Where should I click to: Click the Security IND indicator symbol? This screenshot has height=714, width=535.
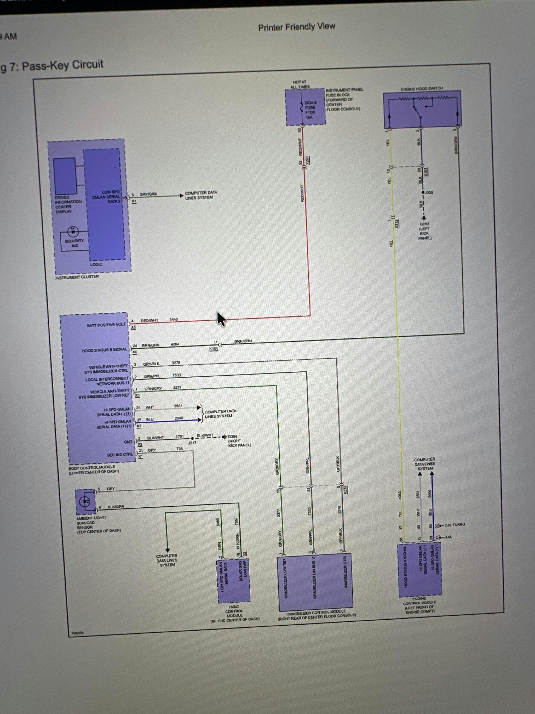coord(73,231)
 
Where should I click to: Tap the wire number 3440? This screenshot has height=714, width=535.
coord(174,320)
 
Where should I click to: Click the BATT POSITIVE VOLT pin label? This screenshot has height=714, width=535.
coord(106,325)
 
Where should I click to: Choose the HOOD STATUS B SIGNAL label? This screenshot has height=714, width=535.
coord(104,350)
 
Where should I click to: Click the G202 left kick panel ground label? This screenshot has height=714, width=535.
coord(425,231)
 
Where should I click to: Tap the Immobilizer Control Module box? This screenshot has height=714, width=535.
coord(315,582)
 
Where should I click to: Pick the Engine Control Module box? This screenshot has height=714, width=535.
coord(420,570)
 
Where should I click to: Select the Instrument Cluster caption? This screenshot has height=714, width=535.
coord(77,277)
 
